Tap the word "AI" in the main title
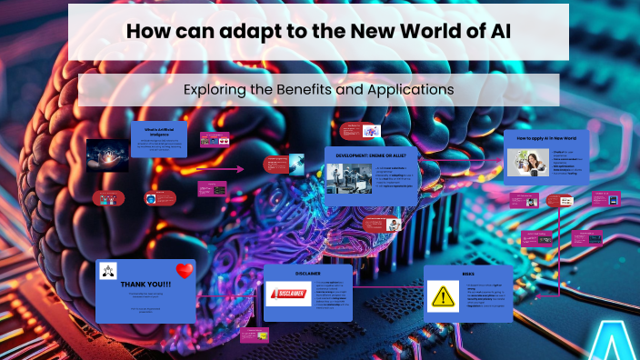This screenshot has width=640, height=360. tap(496, 30)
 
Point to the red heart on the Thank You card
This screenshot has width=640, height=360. tap(185, 270)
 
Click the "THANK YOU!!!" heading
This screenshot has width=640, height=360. tap(145, 283)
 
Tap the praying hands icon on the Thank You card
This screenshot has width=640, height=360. tap(109, 270)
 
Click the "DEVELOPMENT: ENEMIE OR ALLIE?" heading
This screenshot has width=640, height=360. tap(370, 155)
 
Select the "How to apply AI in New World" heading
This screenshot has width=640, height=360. tap(546, 138)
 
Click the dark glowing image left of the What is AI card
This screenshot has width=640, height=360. tap(107, 155)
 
